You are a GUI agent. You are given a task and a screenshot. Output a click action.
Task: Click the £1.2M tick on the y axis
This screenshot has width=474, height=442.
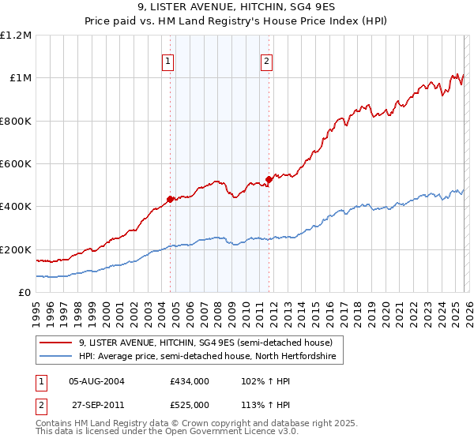pyautogui.click(x=16, y=36)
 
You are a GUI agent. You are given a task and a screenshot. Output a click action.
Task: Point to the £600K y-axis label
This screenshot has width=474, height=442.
pyautogui.click(x=15, y=164)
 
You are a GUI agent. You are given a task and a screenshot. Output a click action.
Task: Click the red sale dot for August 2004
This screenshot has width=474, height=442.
pyautogui.click(x=170, y=199)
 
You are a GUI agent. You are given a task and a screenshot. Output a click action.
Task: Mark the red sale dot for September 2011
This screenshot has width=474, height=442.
pyautogui.click(x=269, y=180)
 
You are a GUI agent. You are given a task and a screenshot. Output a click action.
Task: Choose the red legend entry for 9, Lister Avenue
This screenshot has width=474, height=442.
pyautogui.click(x=210, y=343)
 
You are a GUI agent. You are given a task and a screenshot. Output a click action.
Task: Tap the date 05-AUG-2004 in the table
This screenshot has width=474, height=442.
pyautogui.click(x=96, y=380)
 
